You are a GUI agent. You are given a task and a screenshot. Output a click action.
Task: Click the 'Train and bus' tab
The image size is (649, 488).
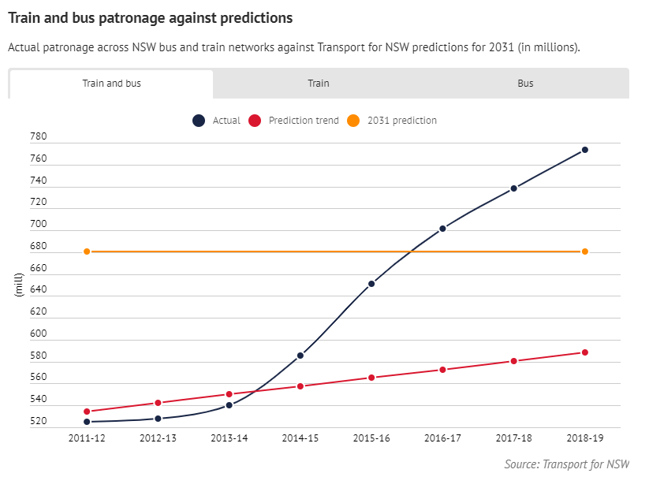pos(111,84)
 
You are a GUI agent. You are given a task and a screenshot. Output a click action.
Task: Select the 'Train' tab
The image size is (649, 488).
pos(319,84)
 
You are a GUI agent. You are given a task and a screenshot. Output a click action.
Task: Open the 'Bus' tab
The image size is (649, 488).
pos(525,84)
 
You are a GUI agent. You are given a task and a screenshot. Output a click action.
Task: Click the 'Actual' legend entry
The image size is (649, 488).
pos(217,121)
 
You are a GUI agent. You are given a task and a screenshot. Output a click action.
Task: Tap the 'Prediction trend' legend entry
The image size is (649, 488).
pos(294,121)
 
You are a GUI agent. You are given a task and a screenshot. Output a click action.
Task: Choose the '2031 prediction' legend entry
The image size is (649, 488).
pos(393,121)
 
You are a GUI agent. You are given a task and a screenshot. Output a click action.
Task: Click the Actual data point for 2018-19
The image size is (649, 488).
pos(585,150)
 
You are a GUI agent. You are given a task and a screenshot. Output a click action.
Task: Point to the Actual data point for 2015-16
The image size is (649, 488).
pos(371,284)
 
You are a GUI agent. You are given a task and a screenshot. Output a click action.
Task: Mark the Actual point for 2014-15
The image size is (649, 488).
pos(300,356)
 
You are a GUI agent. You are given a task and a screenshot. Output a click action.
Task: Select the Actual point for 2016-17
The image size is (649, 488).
pos(442,229)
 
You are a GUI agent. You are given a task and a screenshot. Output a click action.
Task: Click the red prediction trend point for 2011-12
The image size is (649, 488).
pos(87,412)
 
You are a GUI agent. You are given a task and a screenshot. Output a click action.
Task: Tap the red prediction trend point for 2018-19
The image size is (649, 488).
pos(585,352)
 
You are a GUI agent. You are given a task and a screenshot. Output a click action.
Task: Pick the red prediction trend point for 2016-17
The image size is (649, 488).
pos(442,370)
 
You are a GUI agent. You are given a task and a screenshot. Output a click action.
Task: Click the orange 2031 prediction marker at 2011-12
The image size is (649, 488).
pos(87,251)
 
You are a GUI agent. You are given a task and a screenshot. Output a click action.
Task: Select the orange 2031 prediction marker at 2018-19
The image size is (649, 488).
pos(585,251)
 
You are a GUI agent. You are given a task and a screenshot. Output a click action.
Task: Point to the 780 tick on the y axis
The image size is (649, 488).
pos(39,137)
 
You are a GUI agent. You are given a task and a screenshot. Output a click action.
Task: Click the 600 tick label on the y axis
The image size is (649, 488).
pos(39,334)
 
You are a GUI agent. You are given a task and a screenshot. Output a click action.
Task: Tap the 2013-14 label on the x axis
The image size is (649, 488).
pos(229,438)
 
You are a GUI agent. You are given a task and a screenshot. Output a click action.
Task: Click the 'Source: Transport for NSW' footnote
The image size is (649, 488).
pos(566,464)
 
